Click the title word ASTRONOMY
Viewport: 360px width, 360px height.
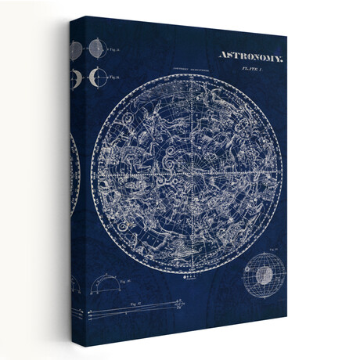tap(250, 57)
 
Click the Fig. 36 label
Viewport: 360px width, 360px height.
tap(114, 77)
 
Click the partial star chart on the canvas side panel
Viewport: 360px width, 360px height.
tap(75, 168)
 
